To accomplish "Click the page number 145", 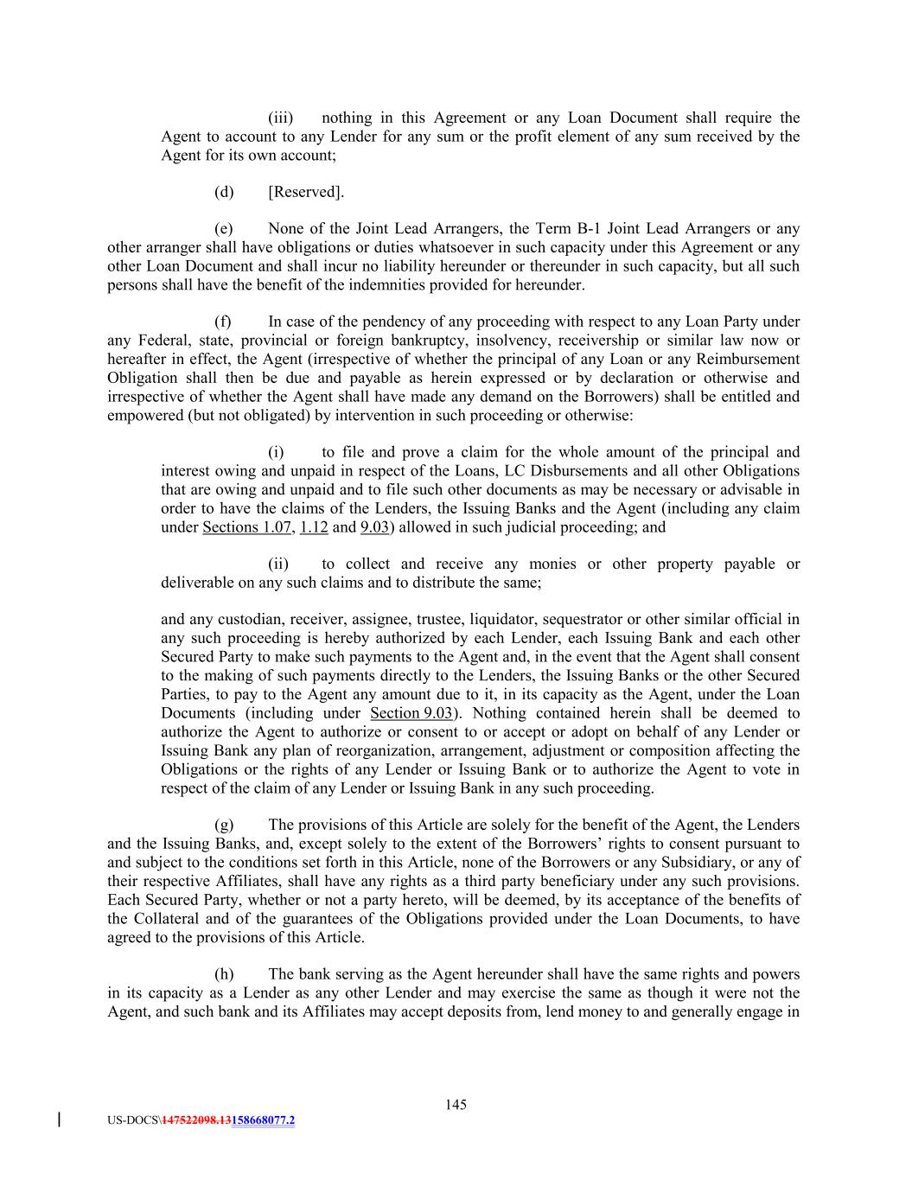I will (456, 1104).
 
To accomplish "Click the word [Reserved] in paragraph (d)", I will (305, 192).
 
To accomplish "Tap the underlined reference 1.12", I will (313, 527).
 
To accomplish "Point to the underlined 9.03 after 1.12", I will (373, 527).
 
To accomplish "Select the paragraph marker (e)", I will (224, 229).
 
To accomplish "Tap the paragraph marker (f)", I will (223, 322).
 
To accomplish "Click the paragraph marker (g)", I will (224, 826).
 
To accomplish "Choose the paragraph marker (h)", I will (224, 974).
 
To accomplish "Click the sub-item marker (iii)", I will (280, 118).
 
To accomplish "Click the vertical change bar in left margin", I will (59, 1120).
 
